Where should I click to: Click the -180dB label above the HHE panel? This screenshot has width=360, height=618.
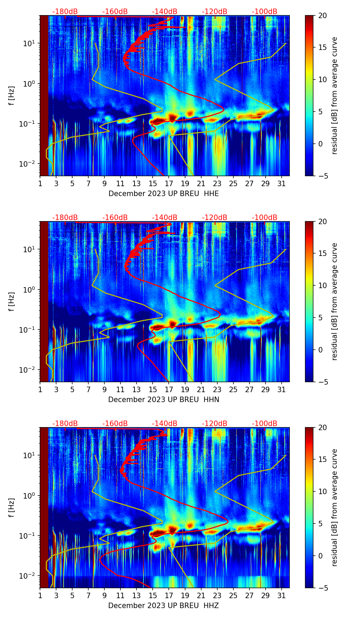pyautogui.click(x=65, y=12)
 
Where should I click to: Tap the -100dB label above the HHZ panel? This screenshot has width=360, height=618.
pyautogui.click(x=265, y=424)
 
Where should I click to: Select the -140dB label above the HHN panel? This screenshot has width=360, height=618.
pyautogui.click(x=165, y=218)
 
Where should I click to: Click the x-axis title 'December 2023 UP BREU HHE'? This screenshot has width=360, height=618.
pyautogui.click(x=164, y=194)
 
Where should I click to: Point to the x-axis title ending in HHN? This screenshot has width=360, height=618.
pyautogui.click(x=164, y=400)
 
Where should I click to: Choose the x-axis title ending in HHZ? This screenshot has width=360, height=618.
pyautogui.click(x=164, y=606)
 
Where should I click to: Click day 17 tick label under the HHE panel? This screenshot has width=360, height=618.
pyautogui.click(x=169, y=184)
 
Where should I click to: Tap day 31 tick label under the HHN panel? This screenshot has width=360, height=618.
pyautogui.click(x=281, y=390)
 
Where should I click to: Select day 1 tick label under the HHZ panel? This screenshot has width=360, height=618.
pyautogui.click(x=40, y=596)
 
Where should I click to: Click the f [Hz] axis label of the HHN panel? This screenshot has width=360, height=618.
pyautogui.click(x=12, y=302)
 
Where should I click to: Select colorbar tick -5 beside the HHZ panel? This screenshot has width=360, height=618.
pyautogui.click(x=323, y=588)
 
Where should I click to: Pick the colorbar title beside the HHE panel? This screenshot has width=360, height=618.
pyautogui.click(x=334, y=95)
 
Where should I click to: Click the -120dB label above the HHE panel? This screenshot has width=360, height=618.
pyautogui.click(x=215, y=12)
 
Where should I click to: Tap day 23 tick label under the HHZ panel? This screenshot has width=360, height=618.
pyautogui.click(x=217, y=596)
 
